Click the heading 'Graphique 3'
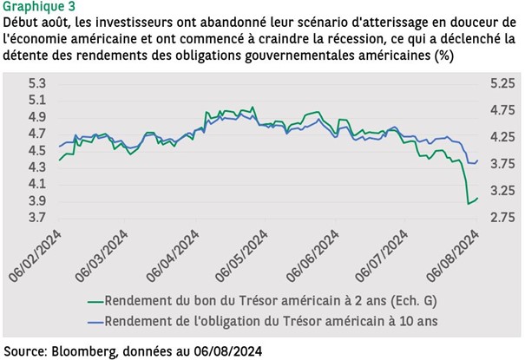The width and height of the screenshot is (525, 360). tap(39, 7)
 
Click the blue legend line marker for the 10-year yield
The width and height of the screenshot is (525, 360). tap(86, 321)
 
